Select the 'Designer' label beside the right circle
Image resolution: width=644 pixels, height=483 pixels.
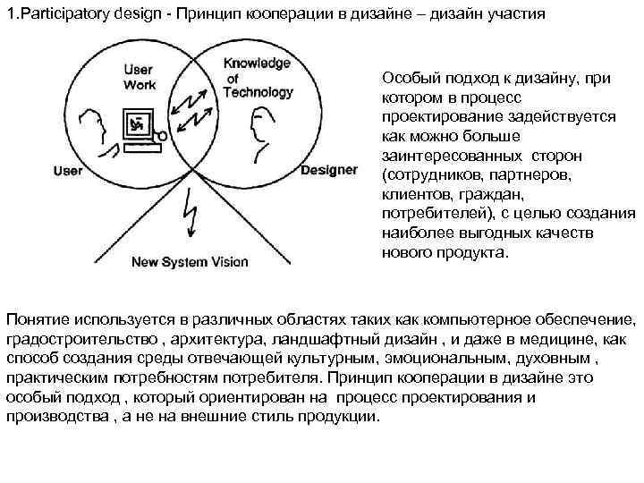(x=329, y=170)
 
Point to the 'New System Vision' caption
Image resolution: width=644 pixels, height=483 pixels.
(x=190, y=262)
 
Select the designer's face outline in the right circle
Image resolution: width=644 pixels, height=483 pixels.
(x=259, y=131)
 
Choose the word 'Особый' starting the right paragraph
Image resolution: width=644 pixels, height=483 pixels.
(x=408, y=78)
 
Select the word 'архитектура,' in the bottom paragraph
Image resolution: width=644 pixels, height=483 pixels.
(x=204, y=341)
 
